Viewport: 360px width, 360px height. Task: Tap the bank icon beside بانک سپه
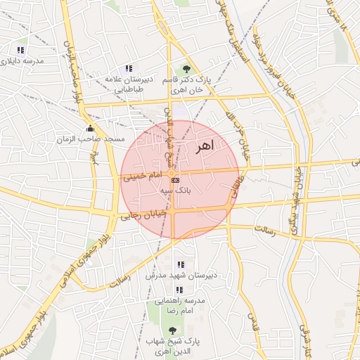click(x=175, y=180)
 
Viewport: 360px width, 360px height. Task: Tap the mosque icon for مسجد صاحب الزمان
click(x=90, y=129)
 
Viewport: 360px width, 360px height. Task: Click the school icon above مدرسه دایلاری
click(x=20, y=50)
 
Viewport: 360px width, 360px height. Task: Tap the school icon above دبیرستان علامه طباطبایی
click(x=128, y=68)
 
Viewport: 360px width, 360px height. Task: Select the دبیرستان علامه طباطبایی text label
click(x=128, y=84)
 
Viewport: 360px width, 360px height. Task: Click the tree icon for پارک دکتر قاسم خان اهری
click(x=186, y=69)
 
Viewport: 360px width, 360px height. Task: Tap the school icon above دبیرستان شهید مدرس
click(x=181, y=265)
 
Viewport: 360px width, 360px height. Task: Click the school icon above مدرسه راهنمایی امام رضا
click(x=180, y=290)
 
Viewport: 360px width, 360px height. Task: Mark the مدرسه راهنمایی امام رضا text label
click(x=180, y=306)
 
